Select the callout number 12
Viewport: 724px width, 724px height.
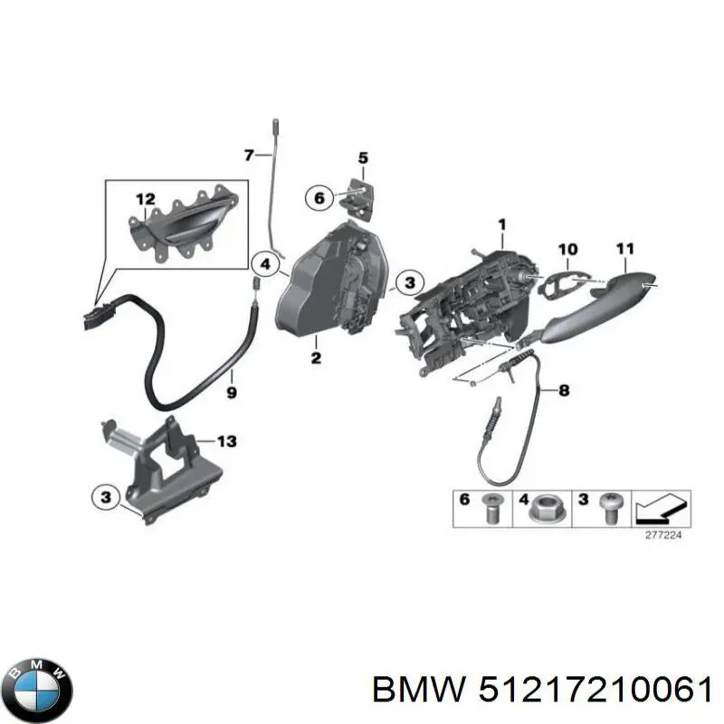point(146,199)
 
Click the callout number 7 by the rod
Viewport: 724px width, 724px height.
point(249,155)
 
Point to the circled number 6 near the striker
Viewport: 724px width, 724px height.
point(319,198)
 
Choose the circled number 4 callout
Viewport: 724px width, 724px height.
point(265,264)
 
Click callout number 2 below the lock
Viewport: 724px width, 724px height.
point(316,357)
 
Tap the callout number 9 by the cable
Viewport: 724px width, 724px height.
point(232,393)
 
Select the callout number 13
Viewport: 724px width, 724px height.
point(227,442)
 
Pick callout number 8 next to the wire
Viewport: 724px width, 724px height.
point(564,390)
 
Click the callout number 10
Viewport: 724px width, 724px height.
point(568,250)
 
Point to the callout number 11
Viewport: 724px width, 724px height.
point(625,249)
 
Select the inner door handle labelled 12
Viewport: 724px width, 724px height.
point(183,225)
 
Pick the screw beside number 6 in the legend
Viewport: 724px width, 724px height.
point(491,508)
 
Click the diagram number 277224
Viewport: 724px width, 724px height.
point(663,535)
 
